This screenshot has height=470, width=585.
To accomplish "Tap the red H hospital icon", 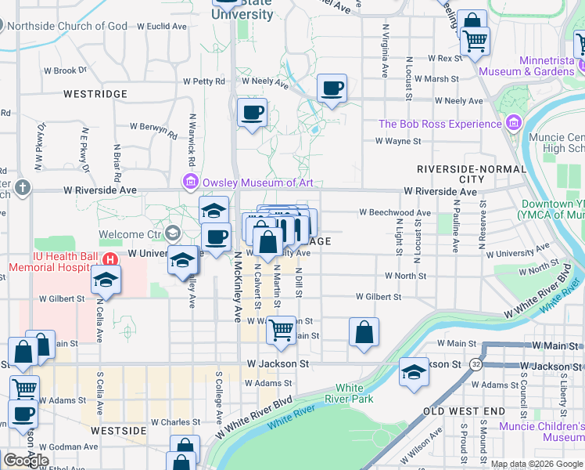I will (x=111, y=259).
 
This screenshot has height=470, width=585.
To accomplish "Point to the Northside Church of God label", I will (x=66, y=26).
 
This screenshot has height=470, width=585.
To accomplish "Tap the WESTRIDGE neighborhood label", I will (x=95, y=94).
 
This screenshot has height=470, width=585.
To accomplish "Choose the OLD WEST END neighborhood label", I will (x=464, y=410).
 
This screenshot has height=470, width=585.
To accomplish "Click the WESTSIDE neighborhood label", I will (x=118, y=431).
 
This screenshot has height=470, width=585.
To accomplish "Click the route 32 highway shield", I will (x=476, y=364).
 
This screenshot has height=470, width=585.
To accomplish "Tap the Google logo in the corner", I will (x=26, y=460).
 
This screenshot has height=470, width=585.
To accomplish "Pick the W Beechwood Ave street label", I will (x=395, y=212).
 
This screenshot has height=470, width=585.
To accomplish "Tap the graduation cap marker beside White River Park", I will (x=414, y=371).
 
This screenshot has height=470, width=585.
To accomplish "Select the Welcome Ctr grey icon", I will (x=172, y=233).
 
